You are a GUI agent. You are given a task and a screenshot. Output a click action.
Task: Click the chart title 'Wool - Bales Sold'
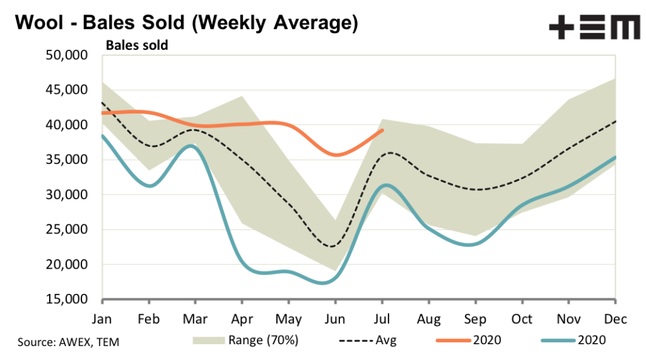click(186, 23)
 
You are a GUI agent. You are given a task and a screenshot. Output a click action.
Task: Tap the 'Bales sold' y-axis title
click(136, 45)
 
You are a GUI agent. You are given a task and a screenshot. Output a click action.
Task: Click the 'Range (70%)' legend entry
click(246, 340)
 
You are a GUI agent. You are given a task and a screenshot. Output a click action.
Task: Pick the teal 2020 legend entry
click(573, 340)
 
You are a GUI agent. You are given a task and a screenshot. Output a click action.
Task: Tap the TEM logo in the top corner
click(594, 28)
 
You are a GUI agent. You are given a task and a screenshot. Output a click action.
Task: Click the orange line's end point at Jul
click(383, 130)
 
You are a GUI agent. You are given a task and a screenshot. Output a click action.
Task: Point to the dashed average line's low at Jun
click(333, 246)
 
